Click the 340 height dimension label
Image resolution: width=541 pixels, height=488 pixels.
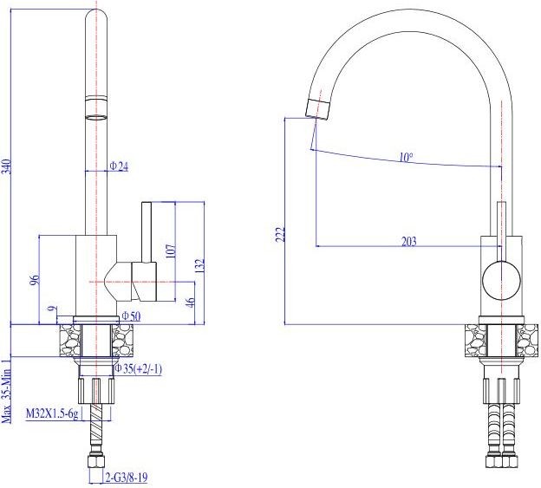[8, 166]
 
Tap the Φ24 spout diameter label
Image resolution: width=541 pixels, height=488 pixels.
[119, 166]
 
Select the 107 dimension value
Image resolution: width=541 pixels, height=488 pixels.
[171, 251]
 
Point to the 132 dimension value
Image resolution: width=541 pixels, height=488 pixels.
[199, 265]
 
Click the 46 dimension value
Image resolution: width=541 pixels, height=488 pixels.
[190, 302]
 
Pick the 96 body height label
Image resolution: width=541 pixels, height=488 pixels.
[35, 279]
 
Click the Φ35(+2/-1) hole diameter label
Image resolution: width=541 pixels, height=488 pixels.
[138, 369]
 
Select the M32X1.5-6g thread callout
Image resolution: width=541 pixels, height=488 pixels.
[52, 413]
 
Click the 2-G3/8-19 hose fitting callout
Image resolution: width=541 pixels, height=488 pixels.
[127, 478]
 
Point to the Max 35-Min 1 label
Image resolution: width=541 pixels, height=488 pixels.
[7, 392]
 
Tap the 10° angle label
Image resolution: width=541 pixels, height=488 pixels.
[406, 158]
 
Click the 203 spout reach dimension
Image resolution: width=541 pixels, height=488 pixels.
[409, 241]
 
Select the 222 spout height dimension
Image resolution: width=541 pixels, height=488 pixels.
[280, 235]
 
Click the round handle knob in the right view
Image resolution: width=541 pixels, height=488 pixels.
[501, 280]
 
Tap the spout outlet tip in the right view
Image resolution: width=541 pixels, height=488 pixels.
[317, 108]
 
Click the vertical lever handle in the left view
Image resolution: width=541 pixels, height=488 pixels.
[147, 232]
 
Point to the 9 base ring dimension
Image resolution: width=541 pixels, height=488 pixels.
[52, 309]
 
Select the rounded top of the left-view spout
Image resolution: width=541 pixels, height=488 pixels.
[96, 16]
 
